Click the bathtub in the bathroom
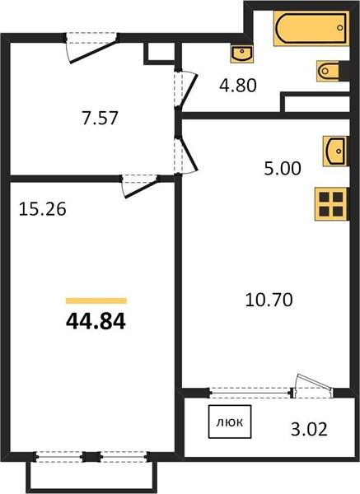click(x=311, y=28)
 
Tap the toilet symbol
click(x=333, y=71)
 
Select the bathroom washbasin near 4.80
click(x=242, y=54)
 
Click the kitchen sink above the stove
click(x=335, y=151)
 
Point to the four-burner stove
click(x=331, y=204)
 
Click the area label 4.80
click(x=238, y=86)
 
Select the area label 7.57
click(x=100, y=119)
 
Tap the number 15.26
click(x=43, y=209)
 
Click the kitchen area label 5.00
click(x=283, y=169)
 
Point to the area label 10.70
click(x=269, y=300)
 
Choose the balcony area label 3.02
click(x=309, y=429)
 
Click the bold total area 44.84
click(x=96, y=322)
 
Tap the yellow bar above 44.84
click(x=96, y=301)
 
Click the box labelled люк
click(x=230, y=422)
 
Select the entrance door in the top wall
click(x=91, y=47)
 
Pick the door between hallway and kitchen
click(x=185, y=155)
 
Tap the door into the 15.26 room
click(x=140, y=186)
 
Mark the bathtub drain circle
click(x=340, y=28)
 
